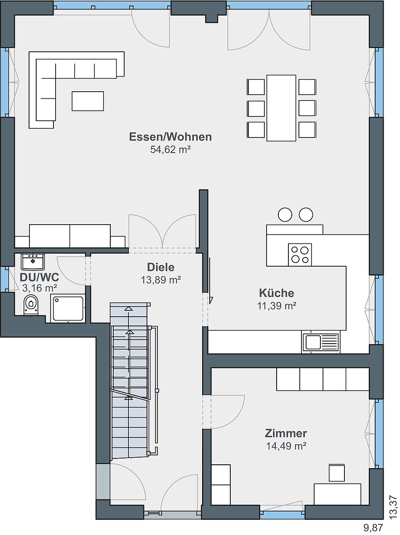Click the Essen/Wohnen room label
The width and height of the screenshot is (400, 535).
point(170,137)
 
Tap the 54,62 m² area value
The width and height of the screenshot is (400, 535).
point(170,149)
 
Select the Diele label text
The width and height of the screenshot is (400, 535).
point(161,267)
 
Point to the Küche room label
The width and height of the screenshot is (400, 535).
point(277,293)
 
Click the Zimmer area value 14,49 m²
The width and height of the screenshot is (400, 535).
point(286,446)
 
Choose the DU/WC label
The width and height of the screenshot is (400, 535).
point(39,277)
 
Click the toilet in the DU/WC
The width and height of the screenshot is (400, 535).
point(31,305)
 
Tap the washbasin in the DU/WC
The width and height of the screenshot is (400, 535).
point(33,262)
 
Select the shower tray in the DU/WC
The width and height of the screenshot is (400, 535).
point(68,308)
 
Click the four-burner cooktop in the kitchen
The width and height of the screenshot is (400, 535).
point(300,254)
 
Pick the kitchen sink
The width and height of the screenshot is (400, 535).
point(320,342)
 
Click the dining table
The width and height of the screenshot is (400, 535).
point(281,108)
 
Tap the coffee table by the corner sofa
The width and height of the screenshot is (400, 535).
point(88,101)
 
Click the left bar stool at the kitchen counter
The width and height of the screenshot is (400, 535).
point(285,215)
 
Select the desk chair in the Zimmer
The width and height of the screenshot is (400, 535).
point(337,473)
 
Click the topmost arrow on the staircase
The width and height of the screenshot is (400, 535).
point(128,309)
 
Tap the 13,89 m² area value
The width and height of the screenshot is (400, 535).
point(161,280)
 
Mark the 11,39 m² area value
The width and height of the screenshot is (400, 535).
point(277,306)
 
